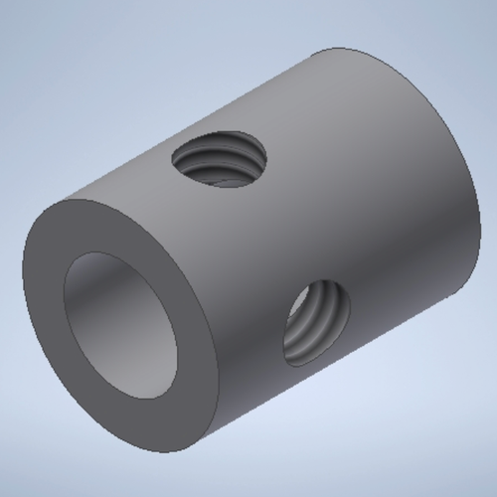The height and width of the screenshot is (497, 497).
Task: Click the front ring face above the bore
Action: click(x=109, y=227)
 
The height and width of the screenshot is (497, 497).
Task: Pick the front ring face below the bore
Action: click(x=139, y=422)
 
